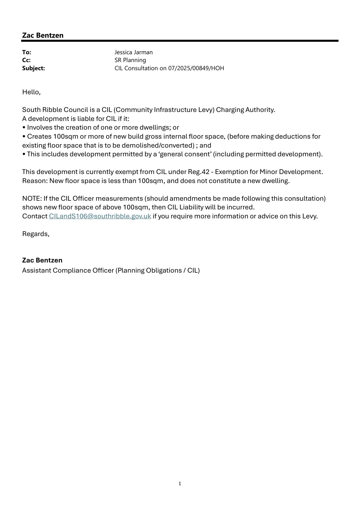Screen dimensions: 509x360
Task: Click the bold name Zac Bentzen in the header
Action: point(43,35)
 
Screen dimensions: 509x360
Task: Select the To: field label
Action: point(26,52)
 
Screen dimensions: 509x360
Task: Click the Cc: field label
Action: point(26,60)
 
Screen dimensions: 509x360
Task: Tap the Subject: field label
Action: point(33,68)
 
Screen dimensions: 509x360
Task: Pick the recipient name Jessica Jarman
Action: point(133,52)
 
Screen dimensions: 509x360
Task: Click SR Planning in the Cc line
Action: point(130,60)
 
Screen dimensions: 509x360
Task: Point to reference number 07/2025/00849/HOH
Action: point(196,68)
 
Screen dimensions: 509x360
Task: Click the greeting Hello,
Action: point(31,92)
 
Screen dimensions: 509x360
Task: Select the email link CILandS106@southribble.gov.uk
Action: point(100,216)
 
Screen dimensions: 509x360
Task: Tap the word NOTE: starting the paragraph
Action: point(32,198)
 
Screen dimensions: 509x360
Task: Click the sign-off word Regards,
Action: point(36,234)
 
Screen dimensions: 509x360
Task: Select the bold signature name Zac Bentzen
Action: point(42,260)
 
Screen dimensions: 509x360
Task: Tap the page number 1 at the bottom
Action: point(180,483)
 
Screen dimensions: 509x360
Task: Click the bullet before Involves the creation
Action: point(23,128)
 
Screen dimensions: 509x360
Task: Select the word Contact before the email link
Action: point(35,216)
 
